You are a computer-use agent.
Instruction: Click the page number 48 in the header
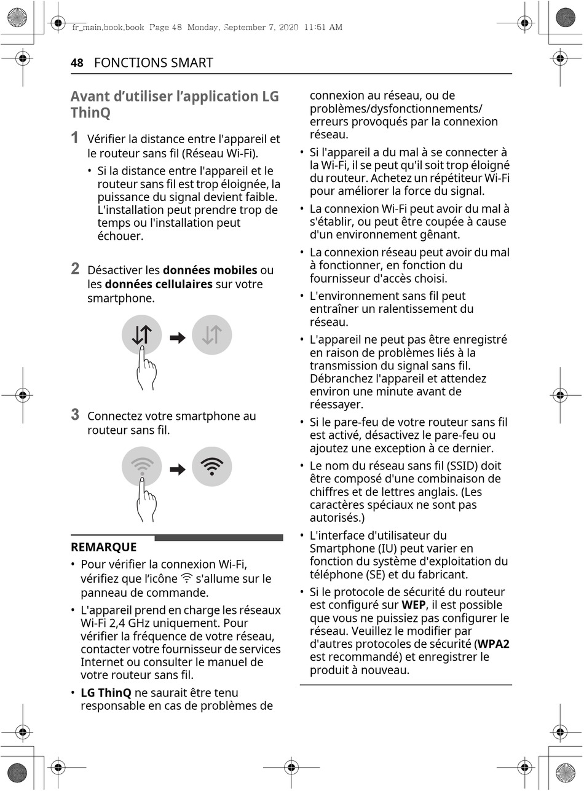tap(77, 63)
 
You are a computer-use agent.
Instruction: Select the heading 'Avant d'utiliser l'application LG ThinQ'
tap(174, 104)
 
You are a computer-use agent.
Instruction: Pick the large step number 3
tap(75, 414)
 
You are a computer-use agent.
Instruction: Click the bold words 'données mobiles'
tap(210, 270)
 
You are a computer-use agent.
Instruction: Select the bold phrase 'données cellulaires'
tap(159, 284)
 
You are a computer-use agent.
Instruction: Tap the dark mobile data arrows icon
tap(142, 335)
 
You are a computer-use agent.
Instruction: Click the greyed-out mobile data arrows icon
tap(212, 335)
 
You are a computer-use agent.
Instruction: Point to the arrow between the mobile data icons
tap(178, 337)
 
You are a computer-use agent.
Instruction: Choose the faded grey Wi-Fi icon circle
tap(142, 467)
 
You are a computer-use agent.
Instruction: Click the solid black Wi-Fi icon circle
tap(212, 467)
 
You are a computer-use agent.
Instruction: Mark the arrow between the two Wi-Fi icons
tap(178, 470)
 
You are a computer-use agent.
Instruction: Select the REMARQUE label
tap(104, 547)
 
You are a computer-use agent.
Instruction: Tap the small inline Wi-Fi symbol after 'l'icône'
tap(187, 578)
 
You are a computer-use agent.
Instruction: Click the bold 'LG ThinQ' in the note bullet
tap(106, 693)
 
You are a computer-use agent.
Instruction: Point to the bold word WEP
tap(414, 605)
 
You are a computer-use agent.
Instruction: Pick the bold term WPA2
tap(494, 644)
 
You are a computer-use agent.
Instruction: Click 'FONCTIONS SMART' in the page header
tap(154, 63)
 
